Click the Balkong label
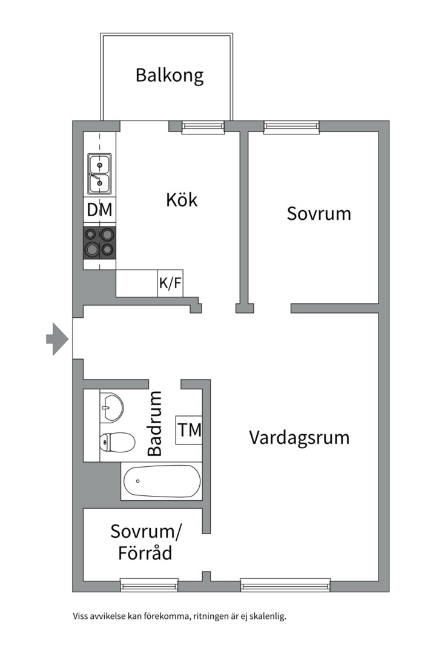170,76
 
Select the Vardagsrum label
299,438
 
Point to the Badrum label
155,423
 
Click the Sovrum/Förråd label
145,542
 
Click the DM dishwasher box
100,210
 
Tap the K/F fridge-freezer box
170,283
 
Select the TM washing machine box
189,430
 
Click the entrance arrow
57,339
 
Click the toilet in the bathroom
117,441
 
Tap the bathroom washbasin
112,407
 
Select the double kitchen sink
99,174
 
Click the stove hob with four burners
100,243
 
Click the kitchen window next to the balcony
203,127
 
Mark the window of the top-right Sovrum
292,127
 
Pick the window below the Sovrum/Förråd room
150,585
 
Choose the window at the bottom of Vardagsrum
286,585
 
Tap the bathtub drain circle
137,481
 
